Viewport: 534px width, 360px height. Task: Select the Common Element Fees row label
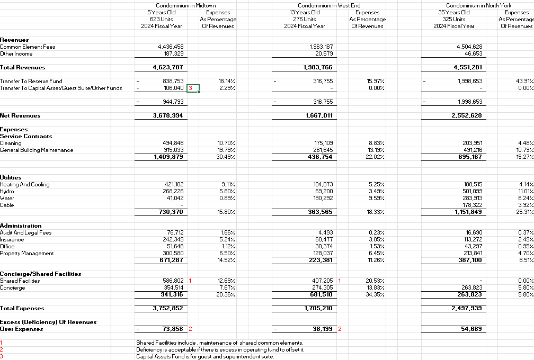coord(28,47)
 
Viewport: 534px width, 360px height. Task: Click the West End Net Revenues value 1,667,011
coord(319,115)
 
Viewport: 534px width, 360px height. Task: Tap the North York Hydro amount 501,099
coord(471,191)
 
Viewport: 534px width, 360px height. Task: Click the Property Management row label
coord(27,253)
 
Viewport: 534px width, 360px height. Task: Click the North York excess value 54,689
coord(471,329)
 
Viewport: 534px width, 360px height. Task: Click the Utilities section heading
coord(11,177)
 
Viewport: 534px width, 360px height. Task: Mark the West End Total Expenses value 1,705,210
coord(319,308)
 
